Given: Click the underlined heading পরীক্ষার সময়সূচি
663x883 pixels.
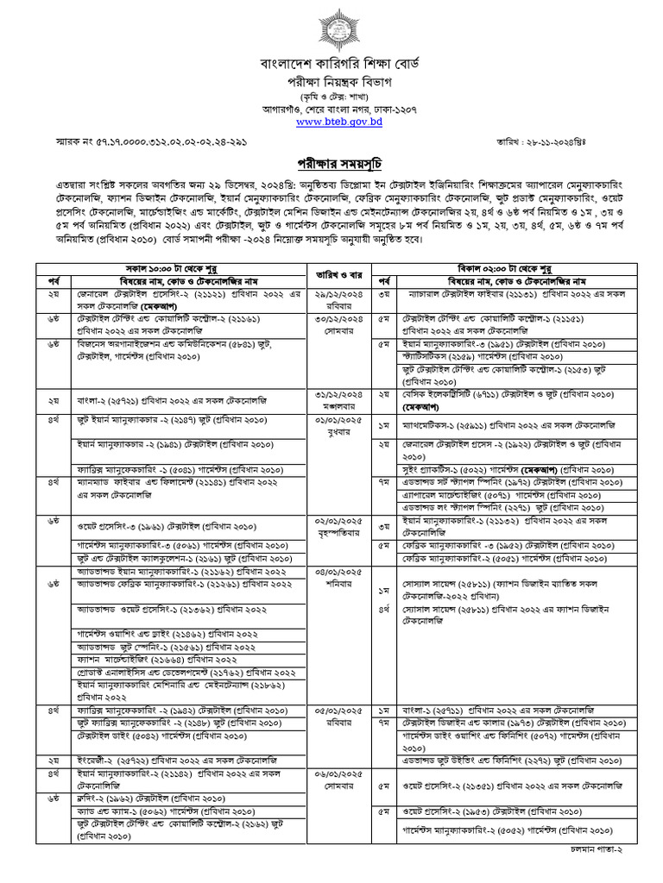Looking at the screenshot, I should click(x=331, y=165).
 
